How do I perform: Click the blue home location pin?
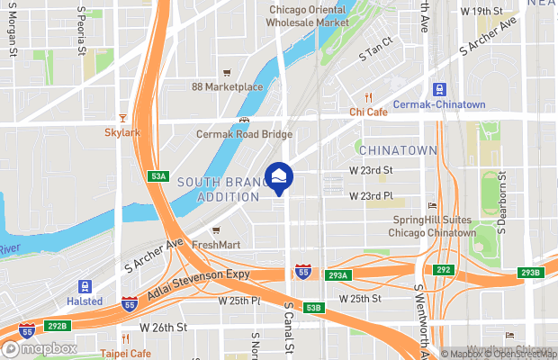click(x=278, y=177)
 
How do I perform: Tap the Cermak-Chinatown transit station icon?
click(x=440, y=90)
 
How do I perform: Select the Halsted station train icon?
click(x=85, y=286)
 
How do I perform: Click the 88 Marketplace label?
click(x=227, y=86)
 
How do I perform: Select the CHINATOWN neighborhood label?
click(x=396, y=150)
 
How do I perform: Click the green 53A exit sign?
click(x=159, y=176)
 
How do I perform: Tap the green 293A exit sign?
click(x=339, y=275)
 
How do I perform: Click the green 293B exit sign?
click(x=530, y=273)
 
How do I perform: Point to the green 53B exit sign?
click(x=312, y=308)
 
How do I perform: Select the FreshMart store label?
click(x=216, y=244)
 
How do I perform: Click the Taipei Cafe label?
click(x=125, y=353)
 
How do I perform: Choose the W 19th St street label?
click(x=482, y=12)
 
